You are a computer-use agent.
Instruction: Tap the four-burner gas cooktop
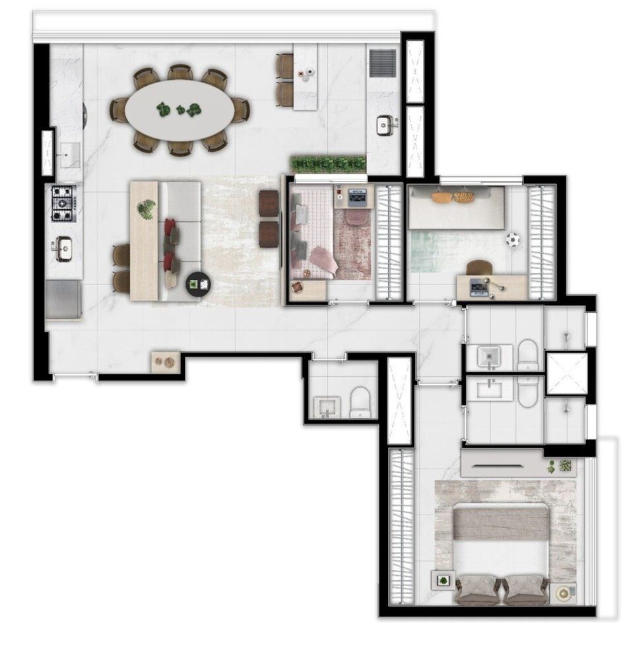coord(64,204)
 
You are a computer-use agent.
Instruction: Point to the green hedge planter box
coord(328,164)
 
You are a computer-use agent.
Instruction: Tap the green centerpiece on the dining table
coord(180,110)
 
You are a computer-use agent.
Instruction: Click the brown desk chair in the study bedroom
coord(480,267)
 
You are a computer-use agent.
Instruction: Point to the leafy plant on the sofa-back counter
coord(146,210)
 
